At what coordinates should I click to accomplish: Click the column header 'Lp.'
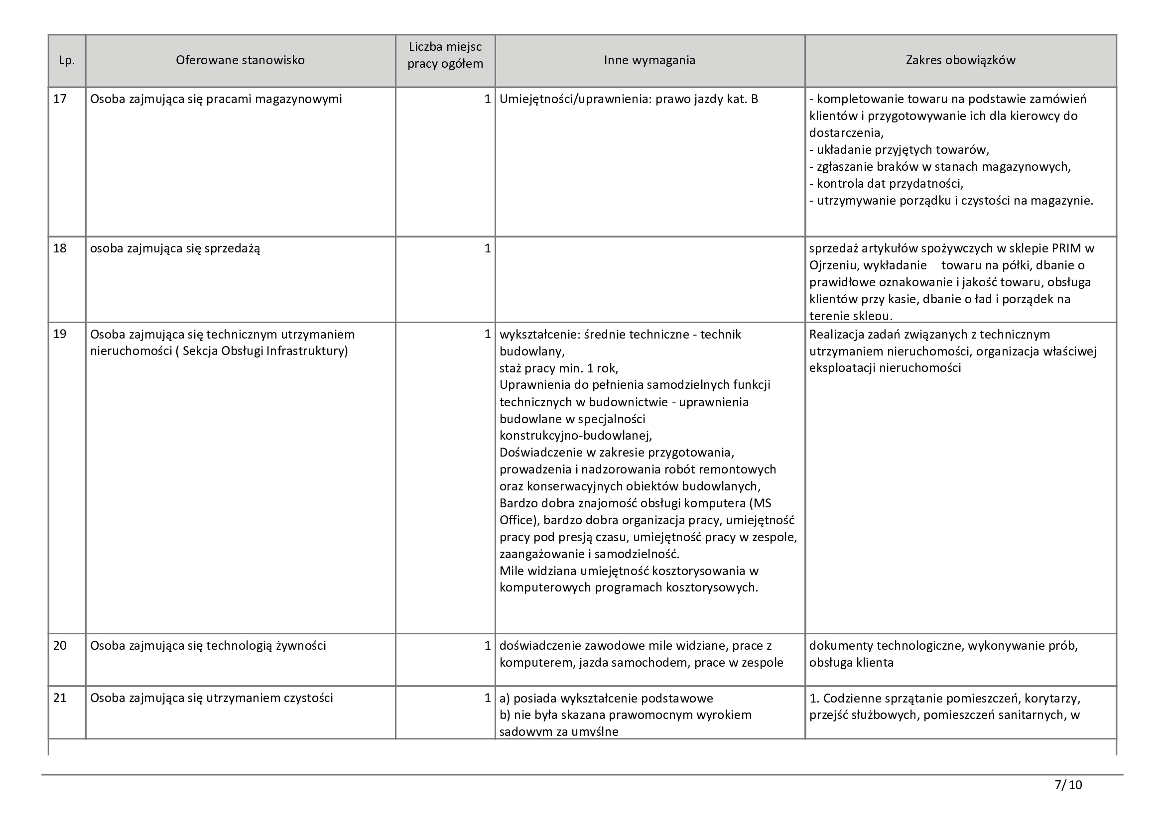pos(66,60)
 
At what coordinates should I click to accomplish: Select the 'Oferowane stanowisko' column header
pos(240,60)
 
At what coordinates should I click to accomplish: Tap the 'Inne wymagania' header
pos(649,60)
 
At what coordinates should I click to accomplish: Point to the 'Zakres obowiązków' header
pos(960,60)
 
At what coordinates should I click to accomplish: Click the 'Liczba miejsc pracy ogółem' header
pos(445,56)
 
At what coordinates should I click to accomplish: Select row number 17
pos(60,99)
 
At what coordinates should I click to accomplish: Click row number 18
pos(60,248)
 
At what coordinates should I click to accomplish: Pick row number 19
pos(60,334)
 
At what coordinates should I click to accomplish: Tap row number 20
pos(60,646)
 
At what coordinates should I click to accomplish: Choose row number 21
pos(60,698)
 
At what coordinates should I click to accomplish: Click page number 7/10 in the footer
pos(1068,786)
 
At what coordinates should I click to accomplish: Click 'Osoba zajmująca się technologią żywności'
pos(208,646)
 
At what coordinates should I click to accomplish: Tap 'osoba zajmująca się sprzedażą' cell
pos(175,248)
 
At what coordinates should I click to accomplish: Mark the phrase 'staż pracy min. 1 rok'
pos(558,368)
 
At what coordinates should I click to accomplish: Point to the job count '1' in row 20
pos(487,646)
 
